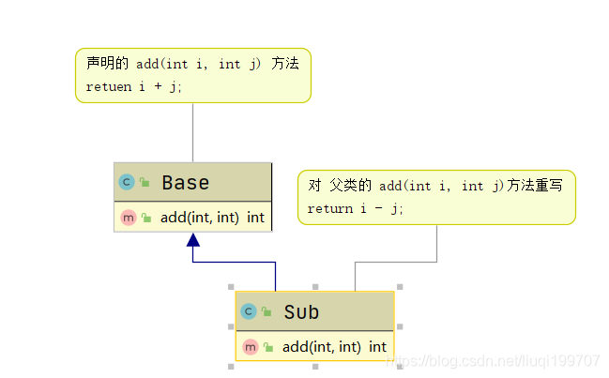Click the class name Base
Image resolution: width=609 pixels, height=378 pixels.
[x=186, y=182]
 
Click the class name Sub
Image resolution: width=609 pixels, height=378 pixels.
[x=301, y=311]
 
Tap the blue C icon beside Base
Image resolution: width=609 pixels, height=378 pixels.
[x=127, y=182]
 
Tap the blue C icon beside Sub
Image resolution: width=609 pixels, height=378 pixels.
[x=249, y=311]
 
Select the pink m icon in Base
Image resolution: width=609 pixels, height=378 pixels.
[x=129, y=218]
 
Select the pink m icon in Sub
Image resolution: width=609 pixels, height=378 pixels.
[x=251, y=346]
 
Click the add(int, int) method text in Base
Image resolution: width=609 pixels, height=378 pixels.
[x=200, y=218]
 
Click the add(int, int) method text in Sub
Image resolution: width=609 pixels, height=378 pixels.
[x=322, y=346]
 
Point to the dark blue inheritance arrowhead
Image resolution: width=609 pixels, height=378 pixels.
[x=193, y=240]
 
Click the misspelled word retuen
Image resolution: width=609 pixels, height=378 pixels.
[x=109, y=87]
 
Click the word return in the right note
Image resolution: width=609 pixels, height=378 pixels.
[x=330, y=209]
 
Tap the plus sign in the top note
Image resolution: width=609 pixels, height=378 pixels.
[x=158, y=85]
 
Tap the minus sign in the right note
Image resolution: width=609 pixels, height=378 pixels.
[x=379, y=208]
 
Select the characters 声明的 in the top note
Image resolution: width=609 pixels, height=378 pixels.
[x=107, y=63]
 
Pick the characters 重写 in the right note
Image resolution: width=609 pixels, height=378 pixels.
[x=548, y=185]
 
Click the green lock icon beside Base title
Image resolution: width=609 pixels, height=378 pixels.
[x=145, y=182]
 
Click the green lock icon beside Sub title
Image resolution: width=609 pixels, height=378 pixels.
[x=266, y=311]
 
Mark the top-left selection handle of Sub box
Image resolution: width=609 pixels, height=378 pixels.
[x=231, y=287]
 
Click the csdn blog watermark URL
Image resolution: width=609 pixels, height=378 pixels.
[x=494, y=361]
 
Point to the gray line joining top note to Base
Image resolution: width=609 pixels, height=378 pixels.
[x=193, y=133]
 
